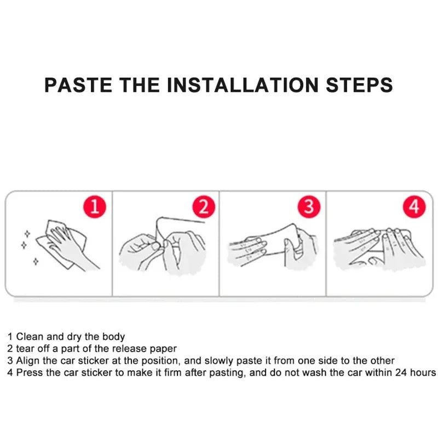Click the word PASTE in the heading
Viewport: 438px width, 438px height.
78,85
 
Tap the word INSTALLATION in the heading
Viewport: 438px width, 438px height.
243,85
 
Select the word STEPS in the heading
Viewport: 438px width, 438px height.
359,85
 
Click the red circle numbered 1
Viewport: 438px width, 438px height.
95,207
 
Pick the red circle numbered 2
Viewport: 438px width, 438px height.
204,207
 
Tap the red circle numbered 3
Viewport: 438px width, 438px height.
309,207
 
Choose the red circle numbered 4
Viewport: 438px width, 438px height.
414,207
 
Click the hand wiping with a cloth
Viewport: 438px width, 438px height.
67,245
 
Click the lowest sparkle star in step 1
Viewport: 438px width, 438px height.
36,262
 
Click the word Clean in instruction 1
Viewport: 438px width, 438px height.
30,337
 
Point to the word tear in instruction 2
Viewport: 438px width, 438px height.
25,349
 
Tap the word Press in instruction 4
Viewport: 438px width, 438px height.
30,373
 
